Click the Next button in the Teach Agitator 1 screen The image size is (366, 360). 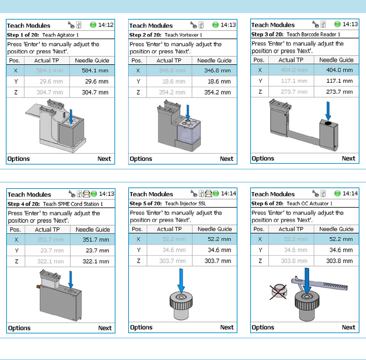[x=104, y=159]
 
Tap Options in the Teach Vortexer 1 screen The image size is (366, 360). [x=141, y=159]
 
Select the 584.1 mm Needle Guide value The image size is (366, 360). [x=95, y=70]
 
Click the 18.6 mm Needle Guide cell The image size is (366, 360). [x=219, y=81]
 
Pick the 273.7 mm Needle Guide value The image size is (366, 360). [x=339, y=92]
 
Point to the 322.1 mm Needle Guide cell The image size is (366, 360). [x=96, y=262]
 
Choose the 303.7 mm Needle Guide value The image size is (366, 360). [x=218, y=261]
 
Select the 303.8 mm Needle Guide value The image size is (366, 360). [x=339, y=261]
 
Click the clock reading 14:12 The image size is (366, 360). [x=106, y=25]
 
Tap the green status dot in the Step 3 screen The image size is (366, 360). [x=337, y=24]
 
